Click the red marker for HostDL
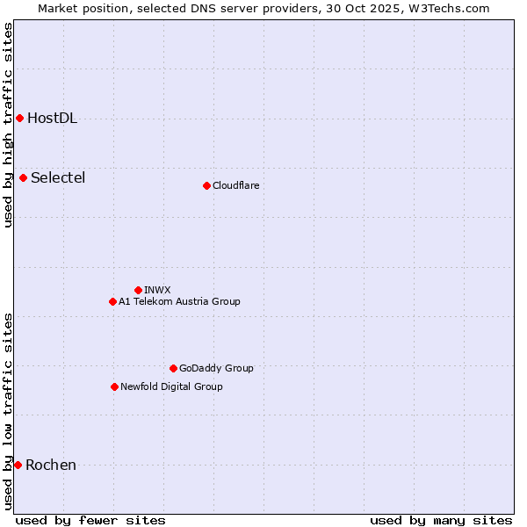pyautogui.click(x=19, y=118)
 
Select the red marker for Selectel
pyautogui.click(x=23, y=177)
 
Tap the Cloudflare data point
pyautogui.click(x=206, y=185)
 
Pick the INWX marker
pyautogui.click(x=138, y=290)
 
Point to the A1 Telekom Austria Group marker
pyautogui.click(x=112, y=301)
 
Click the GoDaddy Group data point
pyautogui.click(x=173, y=368)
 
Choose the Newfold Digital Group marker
pyautogui.click(x=114, y=386)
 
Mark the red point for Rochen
pyautogui.click(x=18, y=465)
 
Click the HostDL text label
pyautogui.click(x=52, y=119)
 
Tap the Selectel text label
pyautogui.click(x=58, y=178)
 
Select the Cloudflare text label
pyautogui.click(x=235, y=186)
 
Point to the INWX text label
pyautogui.click(x=157, y=291)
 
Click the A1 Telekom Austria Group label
pyautogui.click(x=179, y=302)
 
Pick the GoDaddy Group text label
pyautogui.click(x=216, y=369)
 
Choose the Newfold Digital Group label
pyautogui.click(x=171, y=387)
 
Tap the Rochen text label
pyautogui.click(x=51, y=466)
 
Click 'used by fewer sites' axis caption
pyautogui.click(x=90, y=520)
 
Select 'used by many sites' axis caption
pyautogui.click(x=441, y=520)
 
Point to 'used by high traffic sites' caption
pyautogui.click(x=9, y=125)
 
